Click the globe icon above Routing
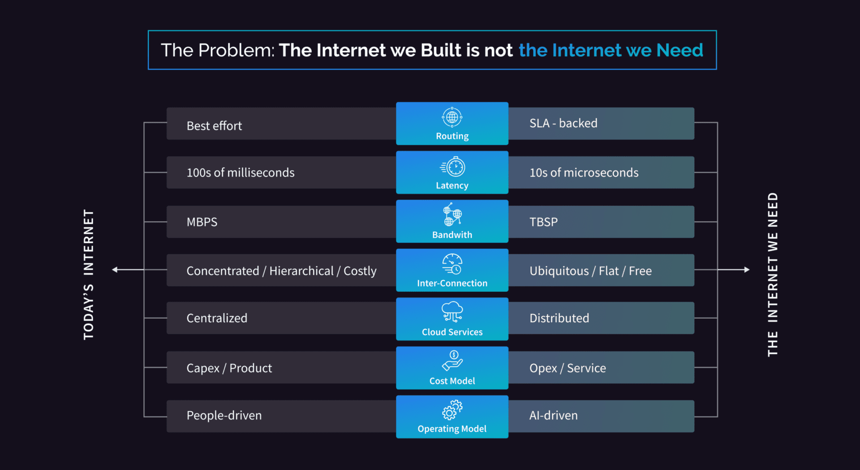(x=452, y=117)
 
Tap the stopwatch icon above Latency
(x=453, y=167)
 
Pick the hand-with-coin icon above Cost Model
(x=452, y=360)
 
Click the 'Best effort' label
(x=214, y=126)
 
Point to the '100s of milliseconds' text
(x=241, y=173)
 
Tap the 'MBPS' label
(x=202, y=222)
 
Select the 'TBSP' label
(x=544, y=222)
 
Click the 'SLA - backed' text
(x=563, y=123)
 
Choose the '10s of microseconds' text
(x=584, y=173)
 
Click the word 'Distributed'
(x=559, y=318)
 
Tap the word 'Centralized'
(x=217, y=318)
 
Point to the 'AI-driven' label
(x=554, y=415)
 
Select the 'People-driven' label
(x=224, y=415)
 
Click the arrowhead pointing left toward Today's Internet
(x=115, y=269)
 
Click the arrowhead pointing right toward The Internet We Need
(x=747, y=269)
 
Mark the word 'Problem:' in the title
(x=236, y=50)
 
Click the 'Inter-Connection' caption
(x=452, y=283)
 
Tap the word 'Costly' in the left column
(x=360, y=271)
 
